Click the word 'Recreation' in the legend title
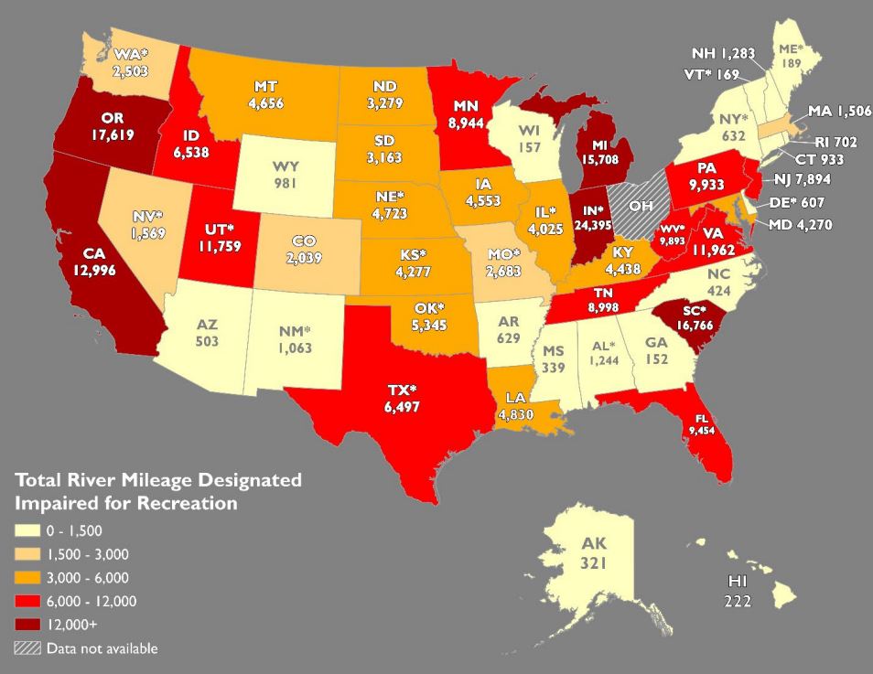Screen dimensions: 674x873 (191, 503)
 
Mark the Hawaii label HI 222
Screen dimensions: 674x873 (738, 591)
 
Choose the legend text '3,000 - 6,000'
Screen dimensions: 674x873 (87, 577)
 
